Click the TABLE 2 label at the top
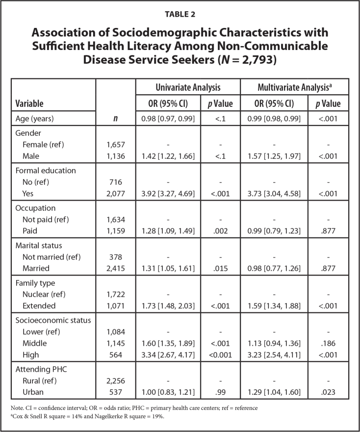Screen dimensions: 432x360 [x=180, y=14]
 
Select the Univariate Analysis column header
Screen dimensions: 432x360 [x=187, y=88]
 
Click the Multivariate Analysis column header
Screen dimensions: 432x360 [x=294, y=88]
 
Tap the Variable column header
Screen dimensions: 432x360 [x=30, y=103]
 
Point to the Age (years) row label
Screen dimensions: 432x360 [x=37, y=118]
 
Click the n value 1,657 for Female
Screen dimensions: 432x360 [x=116, y=145]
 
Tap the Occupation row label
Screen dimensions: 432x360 [x=35, y=208]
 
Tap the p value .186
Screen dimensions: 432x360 [x=328, y=343]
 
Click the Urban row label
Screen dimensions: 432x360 [x=33, y=393]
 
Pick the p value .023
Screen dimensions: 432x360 [x=328, y=393]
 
